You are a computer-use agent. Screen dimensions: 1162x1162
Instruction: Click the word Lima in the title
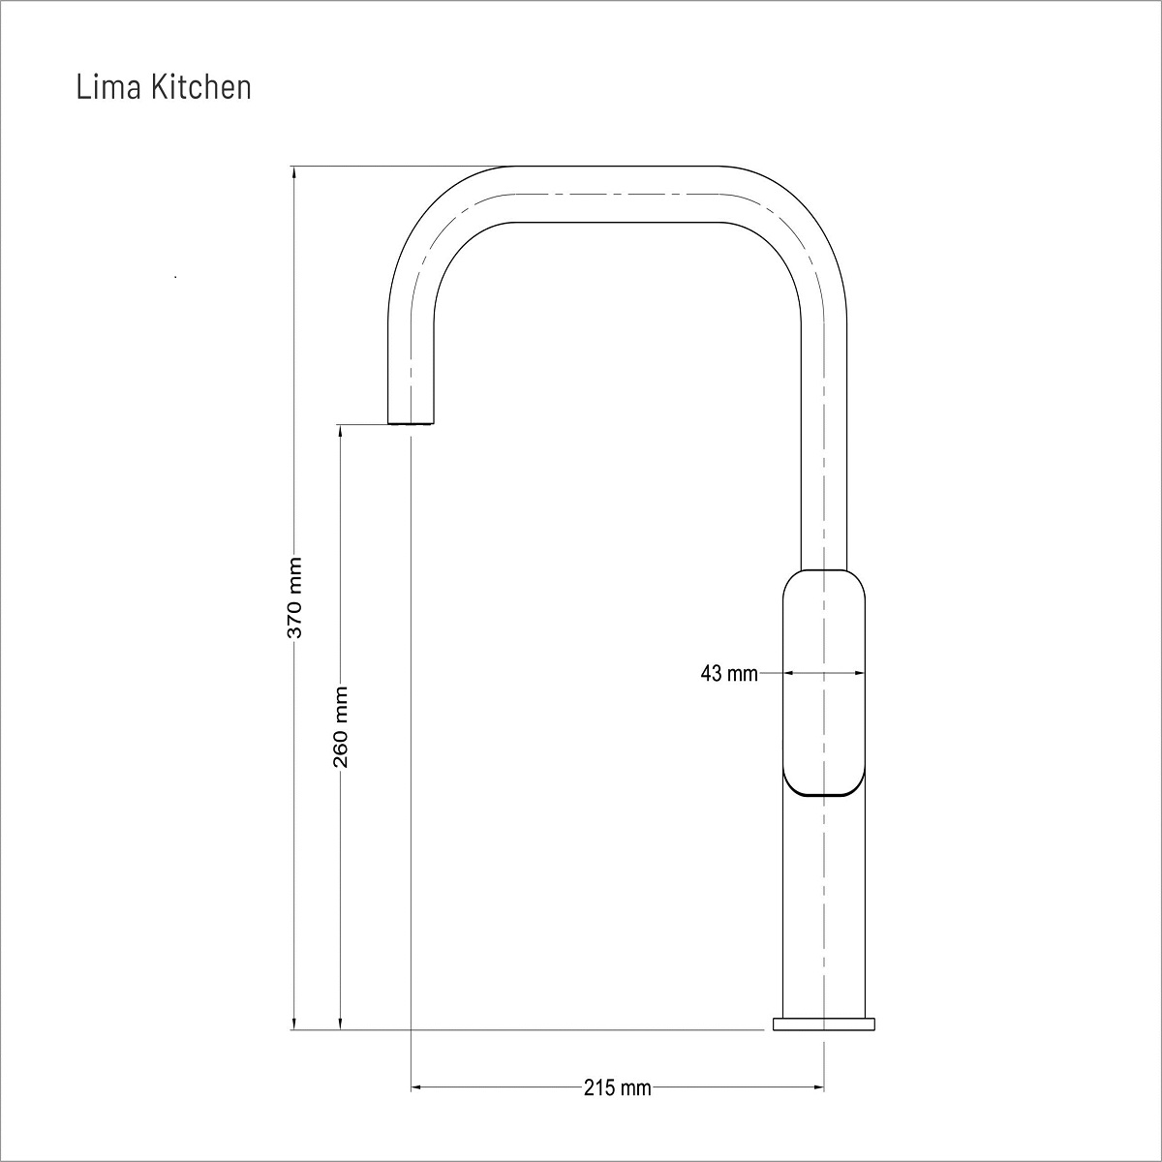[x=109, y=87]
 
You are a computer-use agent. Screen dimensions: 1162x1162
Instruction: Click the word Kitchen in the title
[x=200, y=87]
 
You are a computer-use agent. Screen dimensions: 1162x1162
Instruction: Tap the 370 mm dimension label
[x=294, y=597]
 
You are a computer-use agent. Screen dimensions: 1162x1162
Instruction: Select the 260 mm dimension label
[x=341, y=726]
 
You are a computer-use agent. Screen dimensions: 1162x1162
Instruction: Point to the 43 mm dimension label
[x=728, y=674]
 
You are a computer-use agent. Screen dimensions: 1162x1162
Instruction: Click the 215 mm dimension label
[x=618, y=1087]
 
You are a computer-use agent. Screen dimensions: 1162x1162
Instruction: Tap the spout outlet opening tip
[x=411, y=423]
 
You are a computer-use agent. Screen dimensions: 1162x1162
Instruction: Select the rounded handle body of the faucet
[x=824, y=683]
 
